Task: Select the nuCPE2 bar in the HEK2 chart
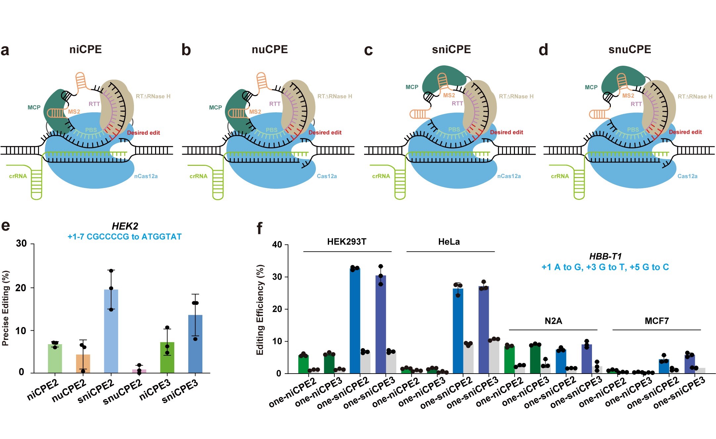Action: [83, 363]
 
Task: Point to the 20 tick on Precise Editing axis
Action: [21, 288]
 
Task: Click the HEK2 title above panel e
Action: [125, 226]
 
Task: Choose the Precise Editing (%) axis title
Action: [6, 308]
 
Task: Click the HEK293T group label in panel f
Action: [347, 242]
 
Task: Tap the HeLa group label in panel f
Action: [449, 242]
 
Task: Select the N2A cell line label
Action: [553, 321]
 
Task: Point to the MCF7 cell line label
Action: [656, 321]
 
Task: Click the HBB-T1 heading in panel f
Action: [605, 256]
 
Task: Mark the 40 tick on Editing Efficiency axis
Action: [277, 245]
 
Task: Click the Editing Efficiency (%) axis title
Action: [260, 310]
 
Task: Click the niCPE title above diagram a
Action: [85, 50]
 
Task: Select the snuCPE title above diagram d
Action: [629, 50]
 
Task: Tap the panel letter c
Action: [368, 50]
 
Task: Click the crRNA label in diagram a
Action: [18, 176]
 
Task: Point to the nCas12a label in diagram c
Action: [509, 176]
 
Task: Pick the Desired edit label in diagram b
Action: [325, 132]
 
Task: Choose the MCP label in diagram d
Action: [591, 87]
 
